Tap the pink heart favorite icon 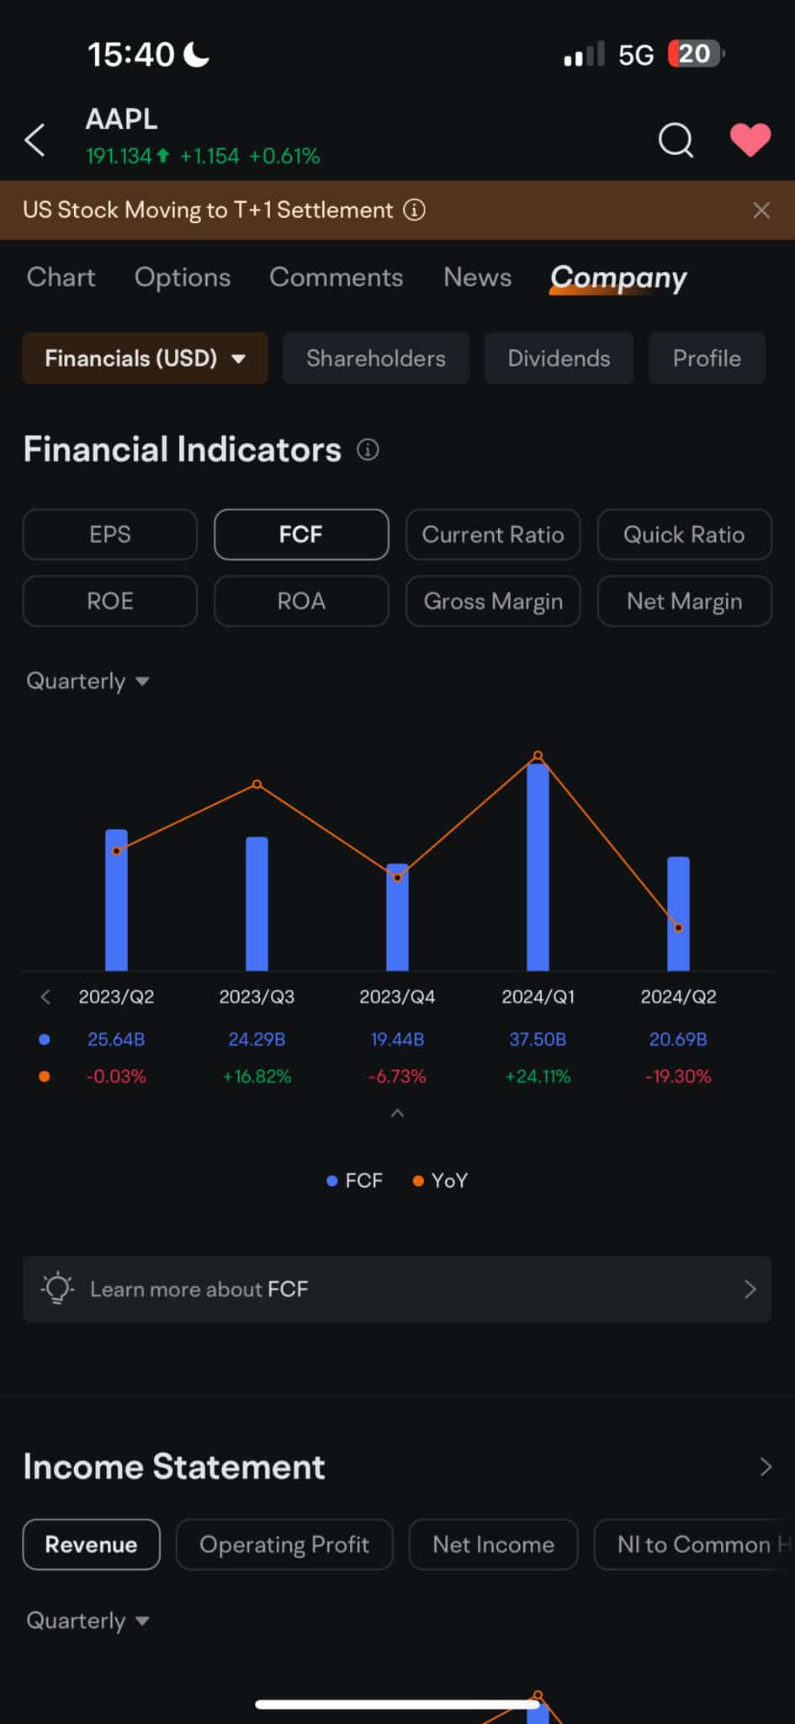750,140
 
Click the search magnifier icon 676,140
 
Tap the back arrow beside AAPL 35,140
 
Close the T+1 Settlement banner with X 761,210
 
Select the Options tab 182,278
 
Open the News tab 477,278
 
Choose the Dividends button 559,359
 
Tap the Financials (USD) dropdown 145,359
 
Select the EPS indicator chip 110,535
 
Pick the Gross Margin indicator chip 493,601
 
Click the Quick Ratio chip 684,535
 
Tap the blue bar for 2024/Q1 538,867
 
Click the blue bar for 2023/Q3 257,904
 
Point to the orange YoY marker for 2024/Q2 679,928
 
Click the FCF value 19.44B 397,1040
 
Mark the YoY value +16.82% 257,1077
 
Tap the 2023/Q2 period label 116,998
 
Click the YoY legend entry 440,1181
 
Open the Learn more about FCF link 397,1289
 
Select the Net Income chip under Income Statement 493,1545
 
